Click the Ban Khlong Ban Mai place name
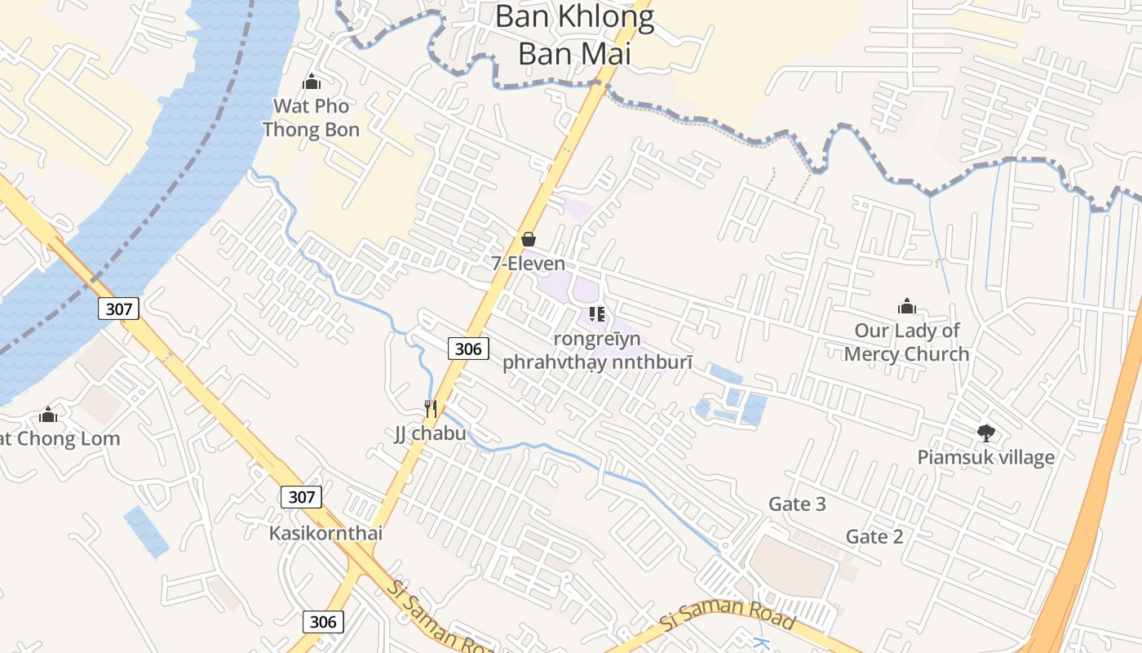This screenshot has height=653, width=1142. tap(574, 35)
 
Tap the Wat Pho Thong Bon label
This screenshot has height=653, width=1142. tap(311, 118)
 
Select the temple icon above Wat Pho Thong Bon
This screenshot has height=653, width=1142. tap(311, 82)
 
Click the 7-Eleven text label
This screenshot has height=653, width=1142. tap(528, 264)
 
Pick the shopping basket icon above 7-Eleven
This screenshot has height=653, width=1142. tap(528, 239)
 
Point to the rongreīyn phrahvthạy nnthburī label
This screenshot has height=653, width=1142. tap(597, 350)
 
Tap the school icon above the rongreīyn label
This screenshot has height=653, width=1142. tap(596, 313)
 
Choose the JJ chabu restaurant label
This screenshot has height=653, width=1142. tap(430, 433)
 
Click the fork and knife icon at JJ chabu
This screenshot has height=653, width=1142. tap(431, 408)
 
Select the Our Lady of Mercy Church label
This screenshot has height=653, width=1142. tap(906, 342)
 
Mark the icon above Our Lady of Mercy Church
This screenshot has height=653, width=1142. tap(906, 306)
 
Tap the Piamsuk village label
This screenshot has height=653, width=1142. tap(985, 457)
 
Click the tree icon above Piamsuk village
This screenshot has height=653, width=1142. tap(985, 433)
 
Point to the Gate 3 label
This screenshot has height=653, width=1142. tap(797, 504)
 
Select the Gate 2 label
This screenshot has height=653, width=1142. tap(874, 536)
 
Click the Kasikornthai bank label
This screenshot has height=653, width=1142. tap(325, 533)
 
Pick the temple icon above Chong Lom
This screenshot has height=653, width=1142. tap(48, 415)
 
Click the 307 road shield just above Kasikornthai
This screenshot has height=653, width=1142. tap(301, 496)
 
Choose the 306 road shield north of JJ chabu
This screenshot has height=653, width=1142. tap(467, 349)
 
